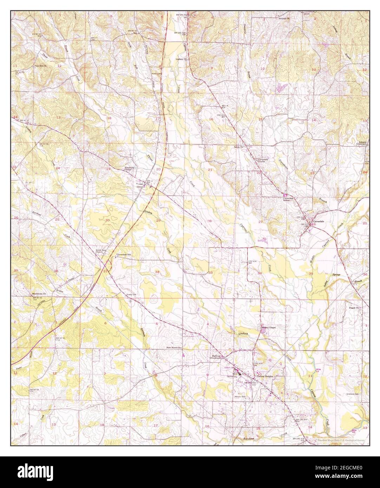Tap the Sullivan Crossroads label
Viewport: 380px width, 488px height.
(x=216, y=356)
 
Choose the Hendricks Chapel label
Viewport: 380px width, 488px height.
(x=130, y=169)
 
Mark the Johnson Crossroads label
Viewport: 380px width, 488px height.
(x=362, y=143)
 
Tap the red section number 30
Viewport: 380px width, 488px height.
(x=107, y=220)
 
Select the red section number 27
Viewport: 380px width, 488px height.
(x=260, y=222)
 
